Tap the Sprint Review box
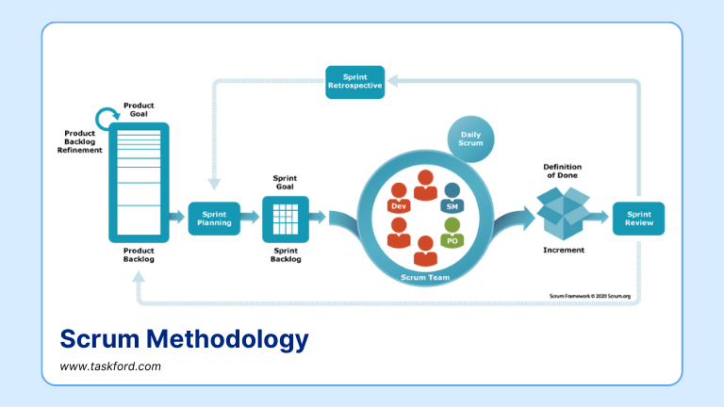[x=638, y=219]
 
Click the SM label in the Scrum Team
[x=452, y=205]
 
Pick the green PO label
[x=452, y=240]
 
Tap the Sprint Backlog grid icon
[x=285, y=219]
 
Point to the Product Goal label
[x=139, y=108]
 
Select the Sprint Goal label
[x=285, y=182]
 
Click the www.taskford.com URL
[x=110, y=366]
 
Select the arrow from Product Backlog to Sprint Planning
[x=177, y=218]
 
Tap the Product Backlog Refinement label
[x=76, y=140]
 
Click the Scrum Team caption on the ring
[x=426, y=277]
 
